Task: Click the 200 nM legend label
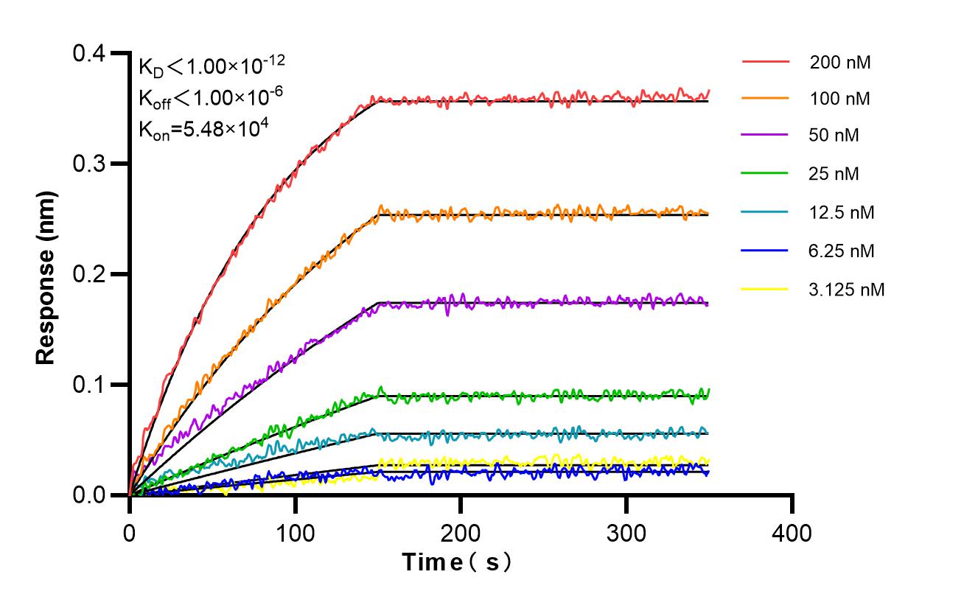(x=839, y=63)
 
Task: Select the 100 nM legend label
(x=839, y=99)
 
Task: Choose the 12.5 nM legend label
(x=842, y=213)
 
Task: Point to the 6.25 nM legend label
(x=842, y=251)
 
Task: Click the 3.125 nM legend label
(x=846, y=290)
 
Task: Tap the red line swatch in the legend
(x=765, y=61)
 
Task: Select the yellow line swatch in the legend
(x=765, y=289)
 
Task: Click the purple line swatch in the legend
(x=765, y=136)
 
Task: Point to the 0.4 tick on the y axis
(x=91, y=53)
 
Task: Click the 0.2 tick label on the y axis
(x=91, y=274)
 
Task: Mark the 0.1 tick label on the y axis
(x=91, y=385)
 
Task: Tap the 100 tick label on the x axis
(x=295, y=532)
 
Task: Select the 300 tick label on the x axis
(x=626, y=532)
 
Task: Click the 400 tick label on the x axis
(x=792, y=532)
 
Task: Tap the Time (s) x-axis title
(x=457, y=563)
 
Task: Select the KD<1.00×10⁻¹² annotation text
(x=212, y=66)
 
